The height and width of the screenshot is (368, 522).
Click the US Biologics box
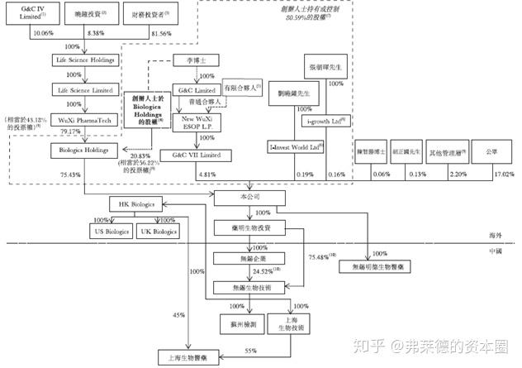click(x=111, y=232)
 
